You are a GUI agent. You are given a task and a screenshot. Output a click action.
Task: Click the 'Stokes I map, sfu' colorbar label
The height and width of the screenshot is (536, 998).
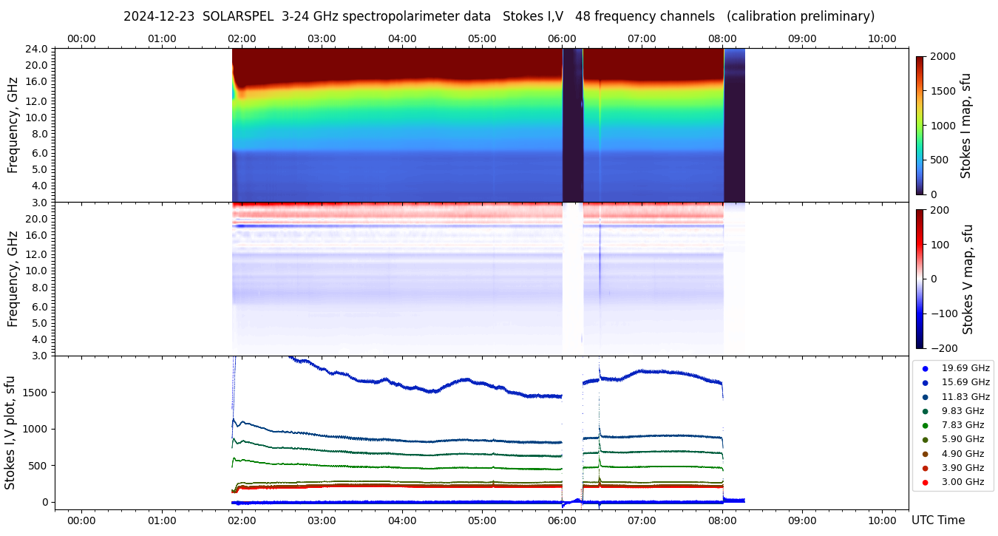click(x=965, y=126)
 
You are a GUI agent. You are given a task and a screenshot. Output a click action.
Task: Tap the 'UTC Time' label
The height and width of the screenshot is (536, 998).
click(x=937, y=520)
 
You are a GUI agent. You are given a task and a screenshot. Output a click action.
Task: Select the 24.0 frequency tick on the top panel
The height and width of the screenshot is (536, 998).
click(x=37, y=49)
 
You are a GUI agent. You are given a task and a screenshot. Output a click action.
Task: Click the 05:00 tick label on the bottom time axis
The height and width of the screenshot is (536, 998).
click(x=482, y=520)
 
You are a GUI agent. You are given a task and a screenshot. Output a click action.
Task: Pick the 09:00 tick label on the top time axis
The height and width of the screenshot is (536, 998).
click(x=802, y=38)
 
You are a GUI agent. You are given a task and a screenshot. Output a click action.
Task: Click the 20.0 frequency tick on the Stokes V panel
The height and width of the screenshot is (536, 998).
click(x=37, y=219)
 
